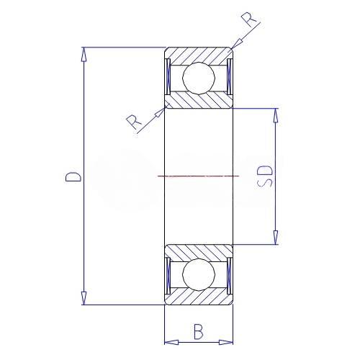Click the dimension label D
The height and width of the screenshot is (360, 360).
point(73,176)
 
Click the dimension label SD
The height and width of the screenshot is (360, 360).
point(265,176)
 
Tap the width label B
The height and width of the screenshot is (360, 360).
point(199,332)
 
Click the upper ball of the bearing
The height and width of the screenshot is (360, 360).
point(199,78)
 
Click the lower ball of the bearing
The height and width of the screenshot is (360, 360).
point(199,274)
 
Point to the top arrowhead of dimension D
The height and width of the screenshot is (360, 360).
point(84,54)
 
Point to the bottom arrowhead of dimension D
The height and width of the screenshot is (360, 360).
point(84,298)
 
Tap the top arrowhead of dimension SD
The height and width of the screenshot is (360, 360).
point(276,115)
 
